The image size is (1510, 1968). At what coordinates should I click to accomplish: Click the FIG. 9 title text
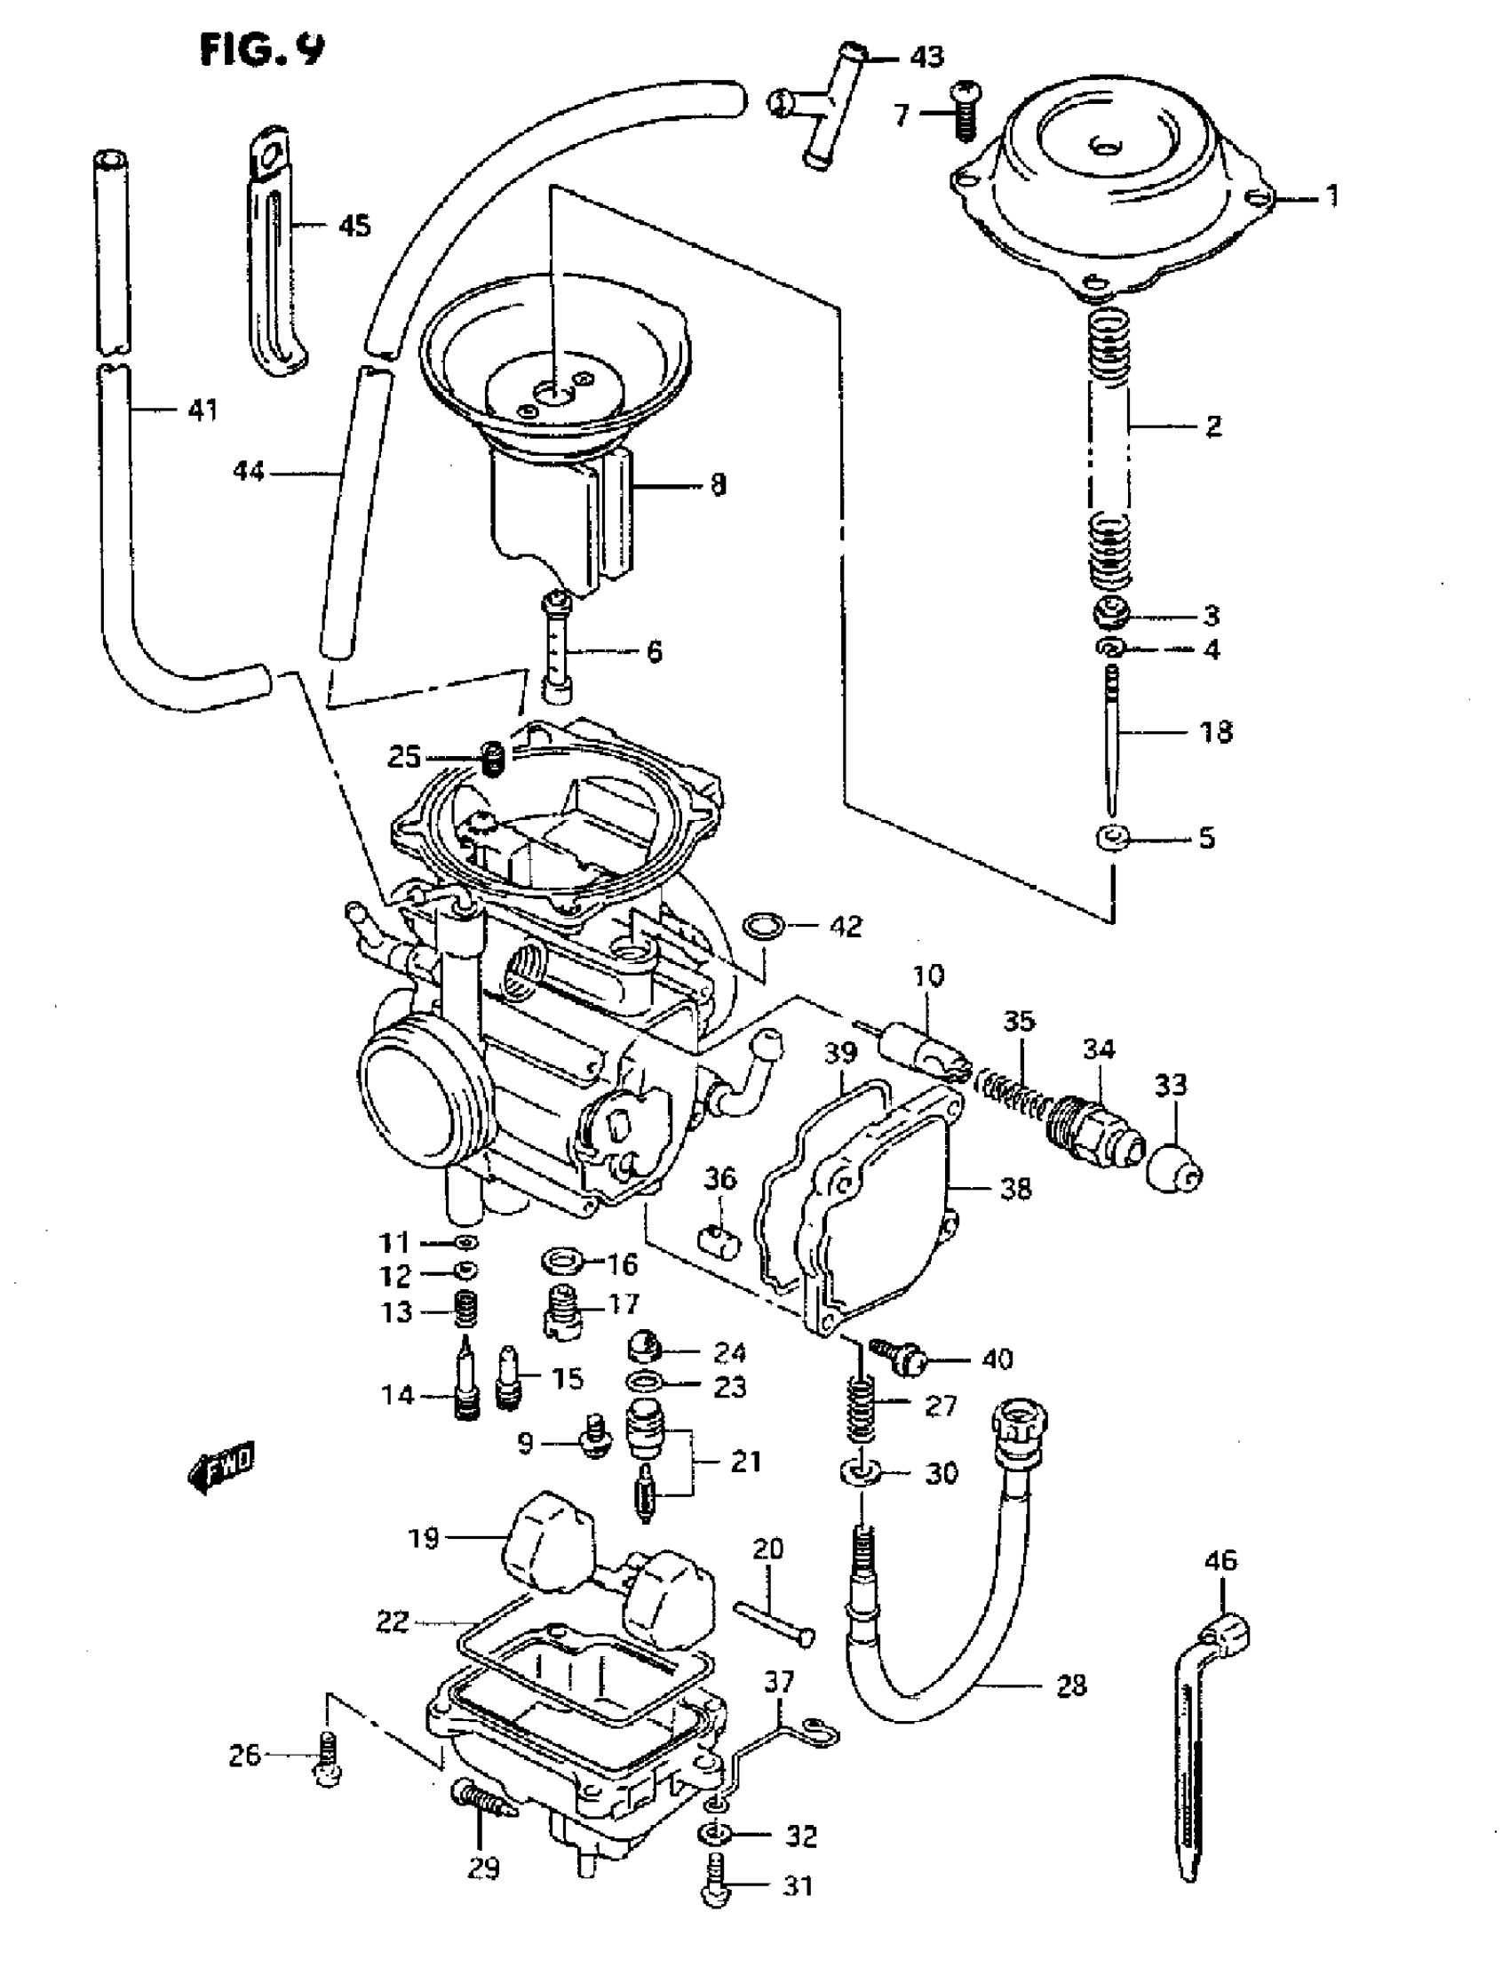click(261, 51)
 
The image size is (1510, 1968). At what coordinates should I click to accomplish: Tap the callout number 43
click(926, 58)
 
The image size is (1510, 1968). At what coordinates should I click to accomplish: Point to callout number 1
click(1331, 195)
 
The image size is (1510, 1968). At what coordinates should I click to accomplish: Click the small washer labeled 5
click(1112, 838)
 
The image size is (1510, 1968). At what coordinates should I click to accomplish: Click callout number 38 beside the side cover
click(1015, 1190)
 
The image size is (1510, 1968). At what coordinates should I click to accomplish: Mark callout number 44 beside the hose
click(248, 470)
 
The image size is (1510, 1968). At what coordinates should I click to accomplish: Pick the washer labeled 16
click(562, 1262)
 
